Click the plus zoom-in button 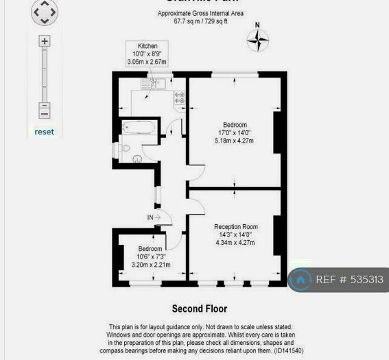tap(45, 41)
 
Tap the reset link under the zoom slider tap(44, 132)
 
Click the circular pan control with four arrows tap(45, 12)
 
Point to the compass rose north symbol tap(258, 40)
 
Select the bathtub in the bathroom tap(138, 128)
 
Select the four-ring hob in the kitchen tap(180, 98)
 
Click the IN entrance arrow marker tap(154, 217)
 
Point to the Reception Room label tap(235, 226)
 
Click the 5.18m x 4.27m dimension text tap(235, 141)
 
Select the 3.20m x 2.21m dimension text tap(150, 264)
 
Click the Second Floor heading tap(199, 309)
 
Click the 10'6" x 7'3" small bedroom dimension tap(150, 256)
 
